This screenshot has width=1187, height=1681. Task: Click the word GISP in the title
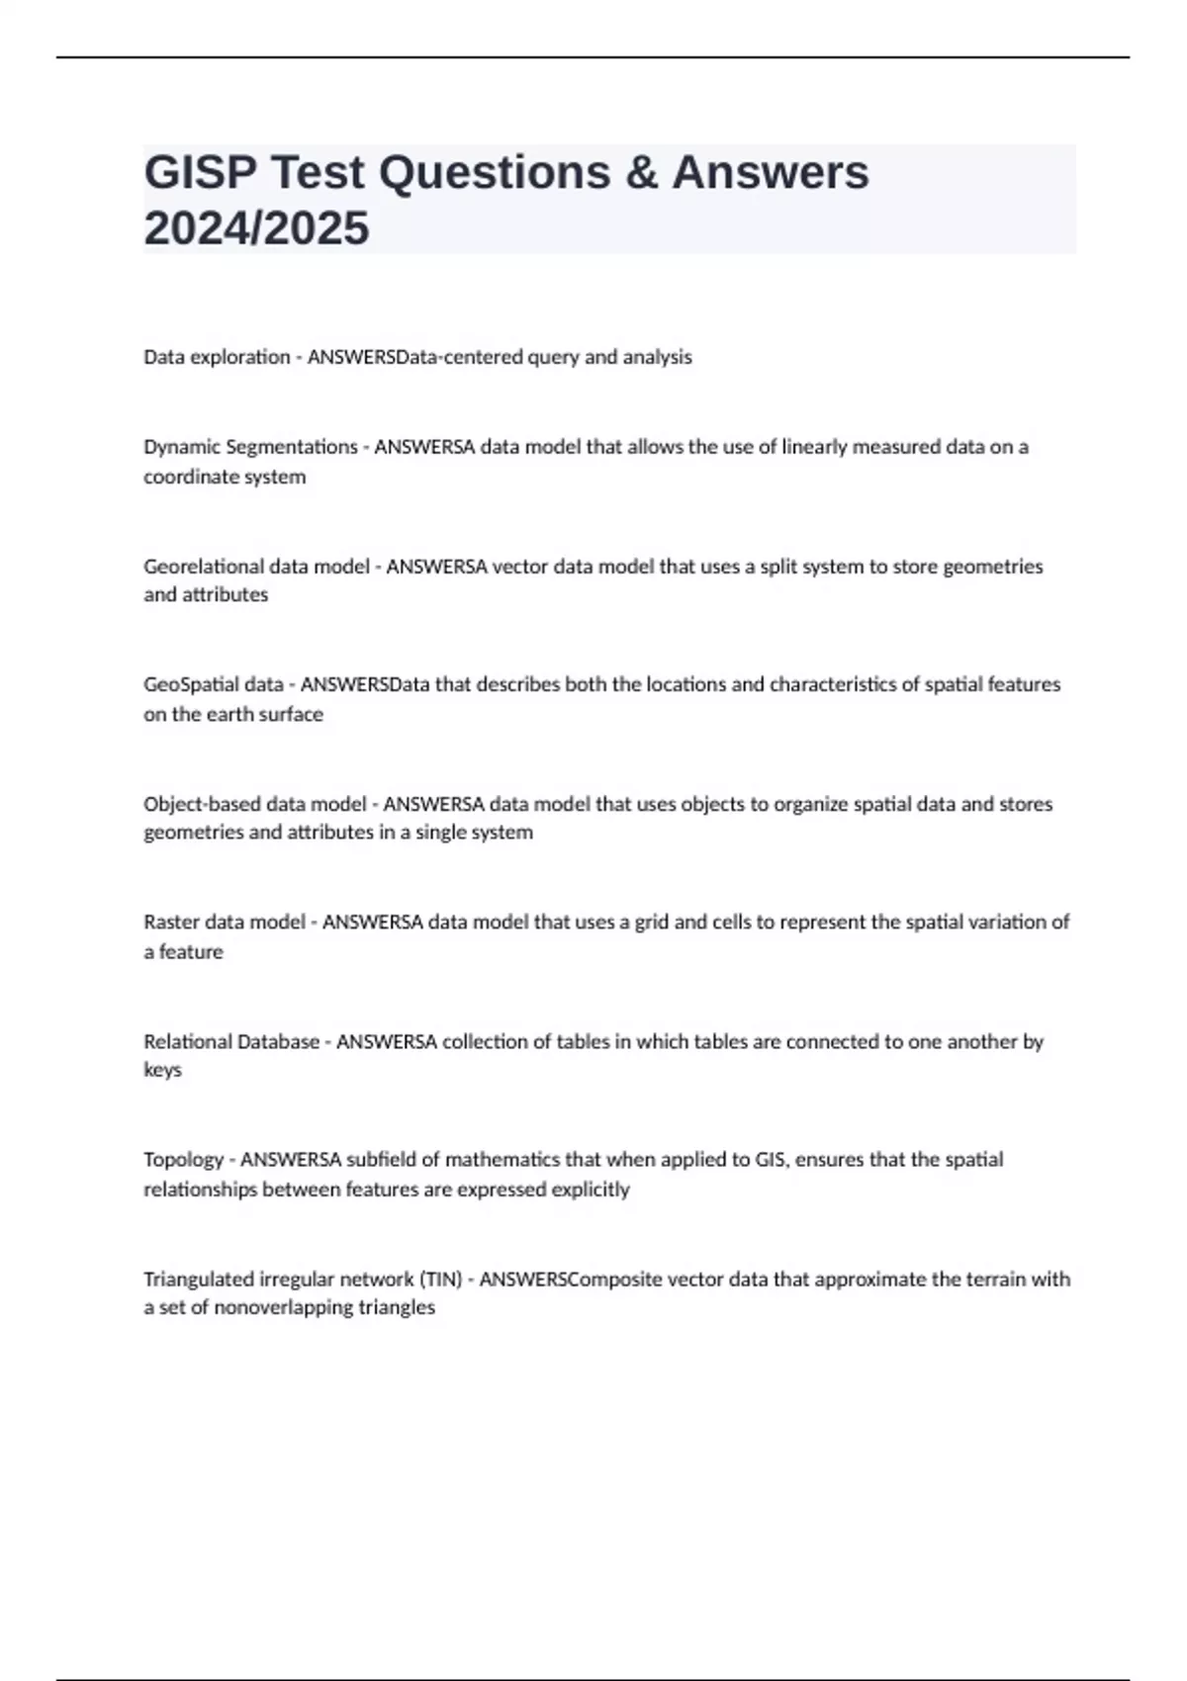[199, 173]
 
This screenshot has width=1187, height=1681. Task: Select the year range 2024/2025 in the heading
[256, 228]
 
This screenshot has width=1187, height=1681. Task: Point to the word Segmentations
[292, 447]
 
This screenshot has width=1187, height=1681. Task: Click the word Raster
[170, 922]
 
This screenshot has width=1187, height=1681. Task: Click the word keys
[162, 1070]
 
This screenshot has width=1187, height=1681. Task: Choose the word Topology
[183, 1160]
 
